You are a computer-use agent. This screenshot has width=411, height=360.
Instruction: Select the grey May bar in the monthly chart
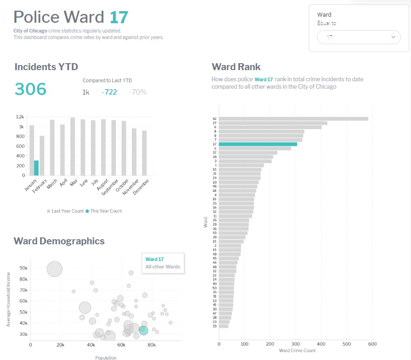pyautogui.click(x=73, y=146)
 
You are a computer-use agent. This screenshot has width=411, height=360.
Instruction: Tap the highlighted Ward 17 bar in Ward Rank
pyautogui.click(x=258, y=144)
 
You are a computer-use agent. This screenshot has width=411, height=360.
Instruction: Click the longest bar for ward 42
pyautogui.click(x=293, y=119)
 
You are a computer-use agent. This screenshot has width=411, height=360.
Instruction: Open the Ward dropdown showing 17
pyautogui.click(x=359, y=37)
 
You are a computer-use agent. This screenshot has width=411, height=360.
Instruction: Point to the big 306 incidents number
pyautogui.click(x=31, y=89)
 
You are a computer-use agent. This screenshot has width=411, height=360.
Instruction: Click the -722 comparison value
pyautogui.click(x=109, y=92)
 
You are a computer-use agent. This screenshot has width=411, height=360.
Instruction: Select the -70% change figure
pyautogui.click(x=137, y=92)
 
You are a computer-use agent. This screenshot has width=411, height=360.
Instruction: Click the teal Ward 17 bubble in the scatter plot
pyautogui.click(x=143, y=330)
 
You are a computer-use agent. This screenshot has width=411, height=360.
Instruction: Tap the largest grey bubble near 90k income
pyautogui.click(x=55, y=269)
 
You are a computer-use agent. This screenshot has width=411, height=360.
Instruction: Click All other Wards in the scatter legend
pyautogui.click(x=163, y=267)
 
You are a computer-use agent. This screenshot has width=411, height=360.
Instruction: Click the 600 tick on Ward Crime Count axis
pyautogui.click(x=372, y=344)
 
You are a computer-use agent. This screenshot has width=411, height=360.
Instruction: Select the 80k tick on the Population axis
pyautogui.click(x=151, y=345)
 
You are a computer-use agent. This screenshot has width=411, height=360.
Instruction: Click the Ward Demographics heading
pyautogui.click(x=59, y=241)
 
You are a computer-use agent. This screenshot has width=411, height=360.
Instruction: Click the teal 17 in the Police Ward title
pyautogui.click(x=119, y=17)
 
